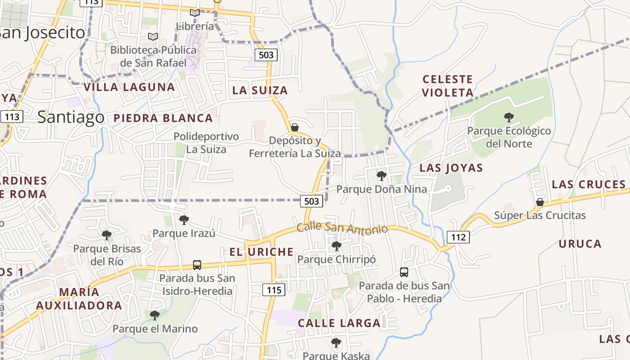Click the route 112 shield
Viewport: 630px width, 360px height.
point(458,237)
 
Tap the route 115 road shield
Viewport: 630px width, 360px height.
point(274,290)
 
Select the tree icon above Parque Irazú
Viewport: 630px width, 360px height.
point(184,220)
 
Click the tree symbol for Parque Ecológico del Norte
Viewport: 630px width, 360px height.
point(509,118)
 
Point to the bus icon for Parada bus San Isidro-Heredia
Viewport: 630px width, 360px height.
point(197,265)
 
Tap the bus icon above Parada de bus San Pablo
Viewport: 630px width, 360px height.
point(404,272)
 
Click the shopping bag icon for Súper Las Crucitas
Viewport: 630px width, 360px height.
point(540,202)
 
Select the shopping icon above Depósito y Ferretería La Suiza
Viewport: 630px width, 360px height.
point(295,127)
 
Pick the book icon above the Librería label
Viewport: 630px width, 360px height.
point(194,13)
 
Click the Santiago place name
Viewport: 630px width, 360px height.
point(71,117)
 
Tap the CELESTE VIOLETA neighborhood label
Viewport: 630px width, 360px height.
point(448,86)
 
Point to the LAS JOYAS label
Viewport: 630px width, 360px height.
point(451,168)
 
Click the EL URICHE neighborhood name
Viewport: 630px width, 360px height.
point(261,252)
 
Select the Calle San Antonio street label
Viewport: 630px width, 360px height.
point(342,228)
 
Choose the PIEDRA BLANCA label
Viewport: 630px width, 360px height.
point(163,118)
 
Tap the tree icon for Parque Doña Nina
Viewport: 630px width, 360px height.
point(382,176)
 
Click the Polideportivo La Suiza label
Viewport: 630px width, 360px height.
point(206,143)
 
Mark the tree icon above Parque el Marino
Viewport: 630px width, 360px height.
point(155,315)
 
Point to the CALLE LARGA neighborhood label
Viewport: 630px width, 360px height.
point(339,323)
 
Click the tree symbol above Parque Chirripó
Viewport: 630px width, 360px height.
point(336,246)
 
